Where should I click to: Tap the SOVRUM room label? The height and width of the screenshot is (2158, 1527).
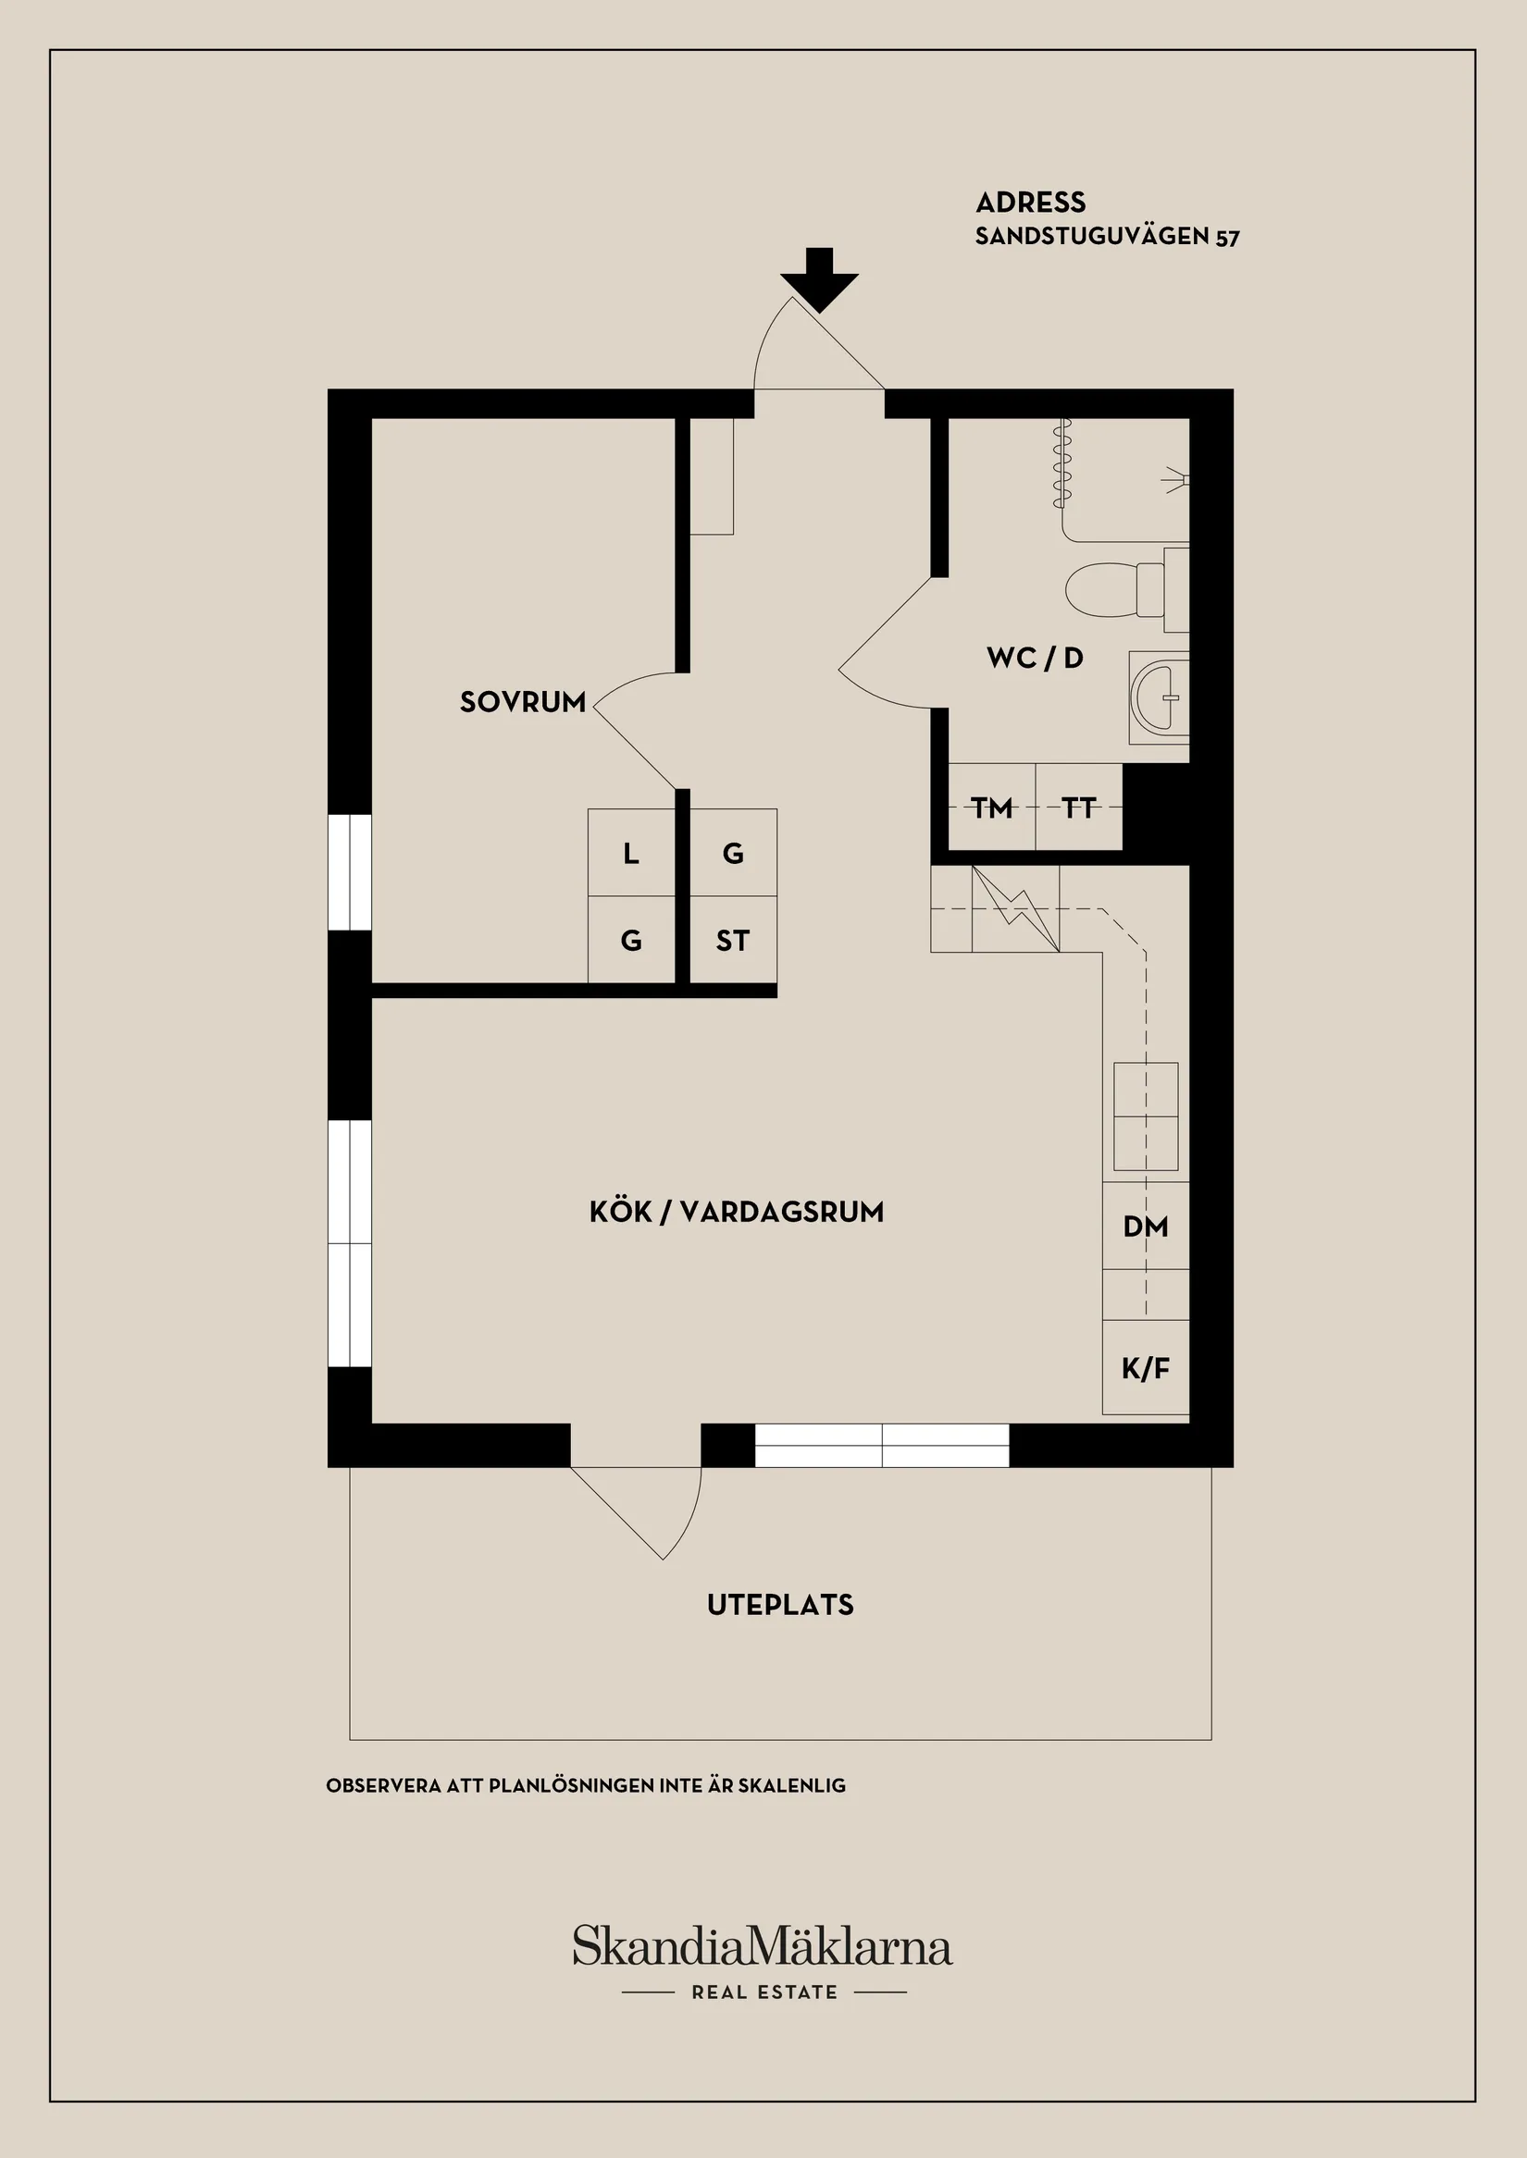523,702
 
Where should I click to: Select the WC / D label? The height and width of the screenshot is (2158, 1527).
1036,658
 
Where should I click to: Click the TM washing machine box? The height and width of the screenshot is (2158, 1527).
992,808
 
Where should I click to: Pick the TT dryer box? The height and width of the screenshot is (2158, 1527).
1078,808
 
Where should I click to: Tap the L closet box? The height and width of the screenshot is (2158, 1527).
631,854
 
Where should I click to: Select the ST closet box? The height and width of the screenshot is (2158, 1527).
733,941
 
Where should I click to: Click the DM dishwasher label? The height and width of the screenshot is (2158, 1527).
1146,1227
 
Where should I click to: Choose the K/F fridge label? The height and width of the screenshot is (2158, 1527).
1146,1368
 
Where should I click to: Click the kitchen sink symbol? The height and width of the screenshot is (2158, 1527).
1146,1116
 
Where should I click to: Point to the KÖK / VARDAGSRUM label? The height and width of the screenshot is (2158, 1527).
737,1213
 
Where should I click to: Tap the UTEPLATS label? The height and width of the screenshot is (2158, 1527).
780,1606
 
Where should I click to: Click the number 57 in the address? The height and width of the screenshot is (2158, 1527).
1227,238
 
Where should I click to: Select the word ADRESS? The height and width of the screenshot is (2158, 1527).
1031,203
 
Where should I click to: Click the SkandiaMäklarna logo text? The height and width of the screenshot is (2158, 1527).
762,1946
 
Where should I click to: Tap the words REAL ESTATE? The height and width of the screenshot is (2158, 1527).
764,1992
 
